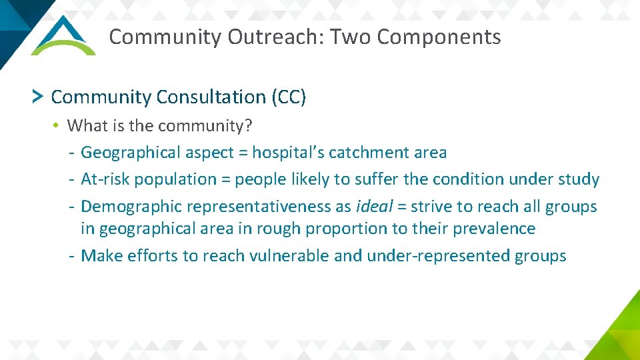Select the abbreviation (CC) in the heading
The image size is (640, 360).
tap(289, 97)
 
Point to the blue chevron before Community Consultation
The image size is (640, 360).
tap(38, 97)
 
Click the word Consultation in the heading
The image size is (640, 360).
tap(211, 97)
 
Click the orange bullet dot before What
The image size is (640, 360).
tap(59, 125)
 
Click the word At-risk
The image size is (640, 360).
tap(101, 179)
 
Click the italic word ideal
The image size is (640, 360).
tap(374, 207)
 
